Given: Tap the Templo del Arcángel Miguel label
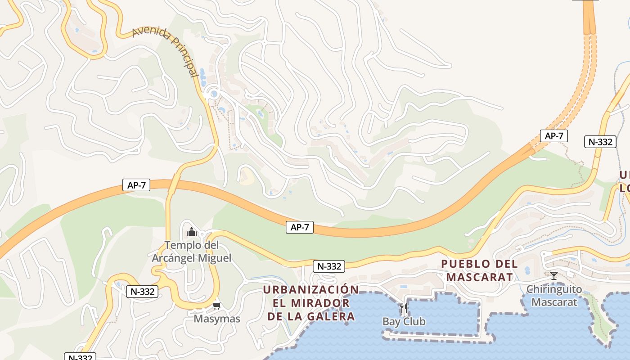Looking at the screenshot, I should click(192, 252).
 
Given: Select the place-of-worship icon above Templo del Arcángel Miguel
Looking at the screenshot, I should click(192, 232).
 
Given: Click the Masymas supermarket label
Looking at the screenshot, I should click(217, 319).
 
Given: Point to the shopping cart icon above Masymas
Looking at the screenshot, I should click(217, 306).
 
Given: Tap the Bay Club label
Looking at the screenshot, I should click(404, 321).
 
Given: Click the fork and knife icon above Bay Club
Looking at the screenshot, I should click(404, 308).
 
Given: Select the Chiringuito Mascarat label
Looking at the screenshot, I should click(554, 295).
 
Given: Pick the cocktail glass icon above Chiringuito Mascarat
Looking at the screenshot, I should click(554, 275).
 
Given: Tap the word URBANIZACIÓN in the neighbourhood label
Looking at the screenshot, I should click(311, 289).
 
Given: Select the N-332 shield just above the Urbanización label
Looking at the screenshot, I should click(329, 266).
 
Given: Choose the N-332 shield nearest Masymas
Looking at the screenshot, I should click(143, 291).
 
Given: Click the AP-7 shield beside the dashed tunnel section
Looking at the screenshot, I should click(553, 136).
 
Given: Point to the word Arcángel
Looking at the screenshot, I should click(173, 258).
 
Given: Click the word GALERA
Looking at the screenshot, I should click(331, 316).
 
